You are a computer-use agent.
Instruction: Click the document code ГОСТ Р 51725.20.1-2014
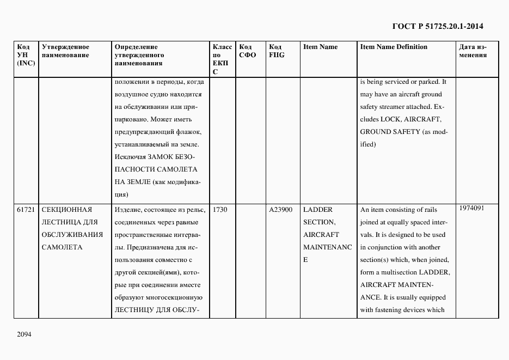click(437, 26)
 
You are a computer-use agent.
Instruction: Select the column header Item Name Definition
click(394, 47)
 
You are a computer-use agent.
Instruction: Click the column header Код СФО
click(247, 51)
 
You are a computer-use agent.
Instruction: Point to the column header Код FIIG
click(277, 51)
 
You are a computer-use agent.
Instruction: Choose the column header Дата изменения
click(473, 51)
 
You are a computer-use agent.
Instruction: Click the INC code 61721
click(26, 210)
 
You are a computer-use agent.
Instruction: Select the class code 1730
click(220, 210)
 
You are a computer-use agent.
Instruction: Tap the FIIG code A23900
click(281, 210)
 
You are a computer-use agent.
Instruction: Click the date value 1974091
click(471, 208)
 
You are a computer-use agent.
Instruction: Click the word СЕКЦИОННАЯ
click(67, 210)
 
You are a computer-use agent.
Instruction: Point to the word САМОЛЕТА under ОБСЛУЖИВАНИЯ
click(62, 247)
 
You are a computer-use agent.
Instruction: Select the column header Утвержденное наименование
click(66, 51)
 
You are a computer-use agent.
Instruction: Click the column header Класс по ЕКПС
click(222, 59)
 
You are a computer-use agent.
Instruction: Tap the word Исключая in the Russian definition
click(131, 157)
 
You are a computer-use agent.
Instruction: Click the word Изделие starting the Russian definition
click(128, 210)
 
